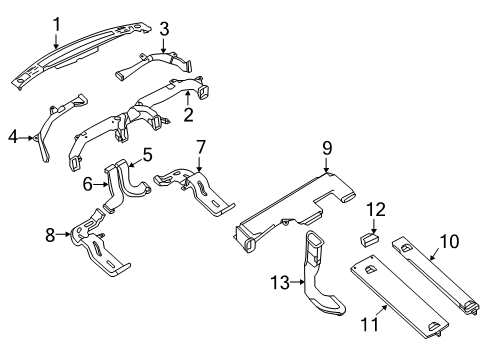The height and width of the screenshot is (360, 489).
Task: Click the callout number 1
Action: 57,25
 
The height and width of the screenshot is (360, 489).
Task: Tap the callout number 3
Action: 164,29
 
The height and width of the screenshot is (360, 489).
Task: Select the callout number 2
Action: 188,115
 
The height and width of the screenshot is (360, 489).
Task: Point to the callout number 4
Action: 13,137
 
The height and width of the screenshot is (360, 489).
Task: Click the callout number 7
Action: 201,147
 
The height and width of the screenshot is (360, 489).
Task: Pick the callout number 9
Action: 327,148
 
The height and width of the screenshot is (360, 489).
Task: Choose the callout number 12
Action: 376,209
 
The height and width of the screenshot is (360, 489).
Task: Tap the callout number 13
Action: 280,283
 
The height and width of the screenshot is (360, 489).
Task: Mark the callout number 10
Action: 449,241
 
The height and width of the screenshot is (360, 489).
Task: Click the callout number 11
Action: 370,324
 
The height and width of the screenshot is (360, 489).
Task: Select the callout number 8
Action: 50,235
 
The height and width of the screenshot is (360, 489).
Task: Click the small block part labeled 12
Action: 370,239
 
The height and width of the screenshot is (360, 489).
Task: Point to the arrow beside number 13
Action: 297,283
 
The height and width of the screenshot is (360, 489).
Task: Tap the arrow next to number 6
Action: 101,184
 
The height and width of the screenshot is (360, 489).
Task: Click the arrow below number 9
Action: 327,165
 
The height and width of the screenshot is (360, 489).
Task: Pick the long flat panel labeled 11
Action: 399,297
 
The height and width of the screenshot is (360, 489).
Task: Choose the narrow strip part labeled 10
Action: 436,275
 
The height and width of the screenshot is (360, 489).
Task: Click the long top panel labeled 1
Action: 80,55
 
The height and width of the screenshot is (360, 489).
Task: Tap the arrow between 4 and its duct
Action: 26,137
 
